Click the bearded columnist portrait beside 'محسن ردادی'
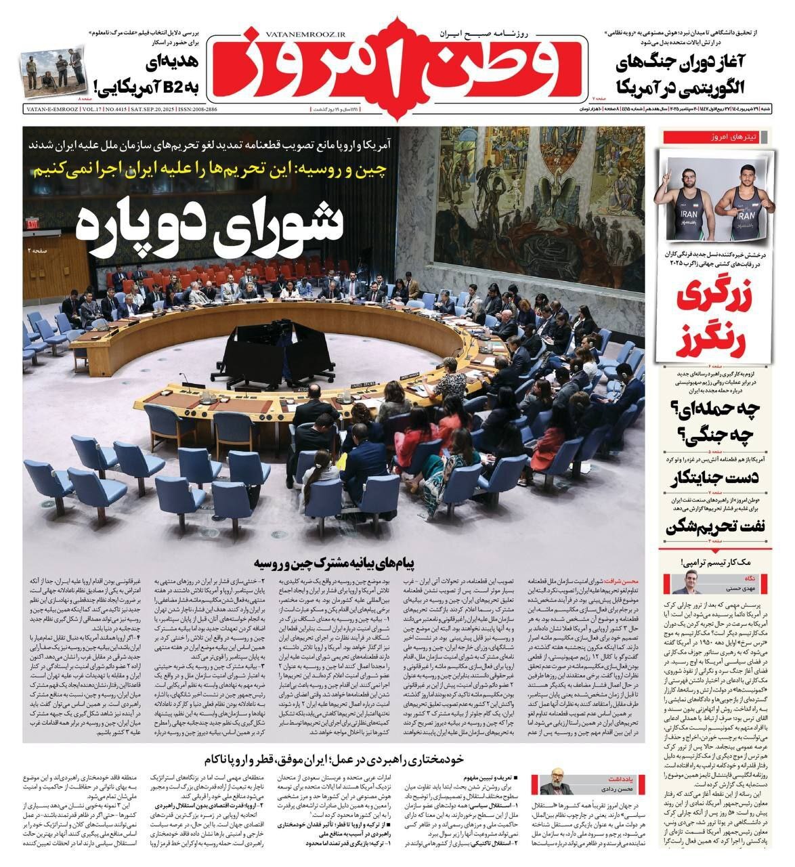point(557,781)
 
